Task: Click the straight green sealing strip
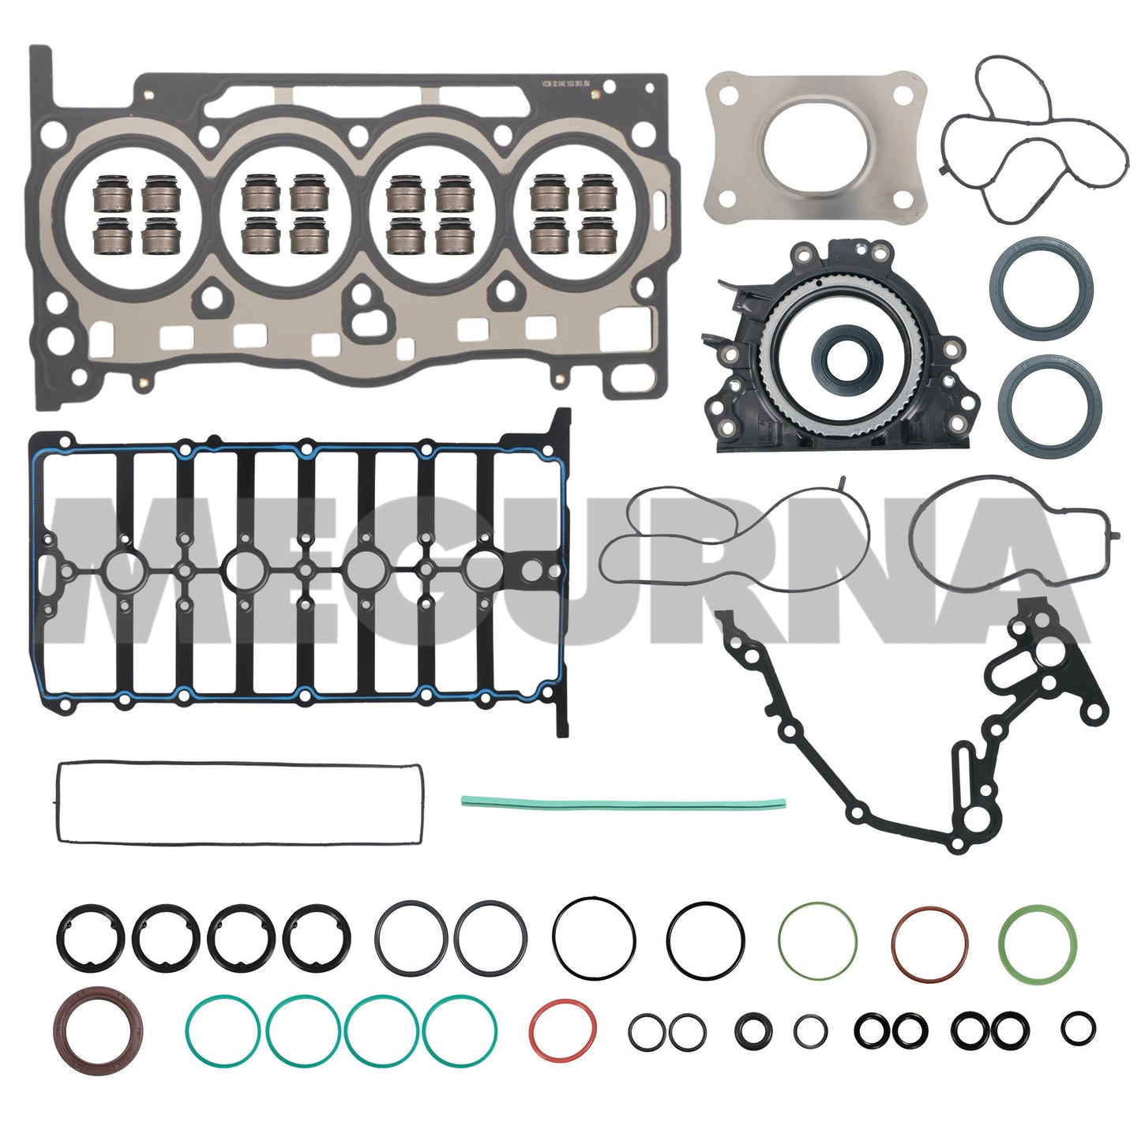pyautogui.click(x=623, y=804)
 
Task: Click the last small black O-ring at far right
pyautogui.click(x=1078, y=1027)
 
